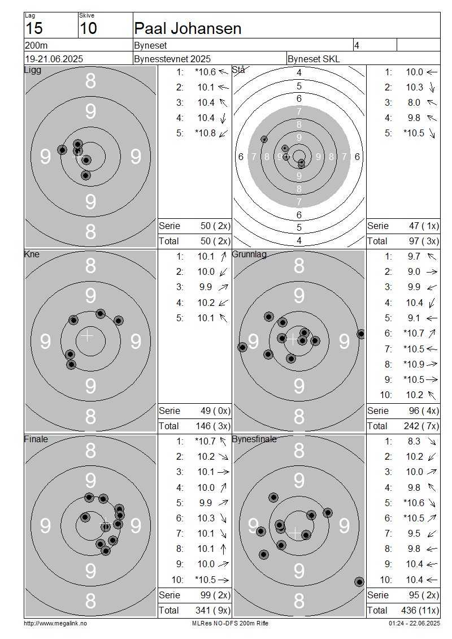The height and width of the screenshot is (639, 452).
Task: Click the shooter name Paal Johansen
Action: pos(188,28)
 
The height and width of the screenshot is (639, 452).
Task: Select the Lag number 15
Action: pos(34,28)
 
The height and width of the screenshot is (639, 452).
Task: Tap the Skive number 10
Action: pos(88,28)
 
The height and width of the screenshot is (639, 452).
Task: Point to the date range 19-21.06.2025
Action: pos(54,59)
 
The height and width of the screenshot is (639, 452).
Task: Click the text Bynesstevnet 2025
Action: pos(172,59)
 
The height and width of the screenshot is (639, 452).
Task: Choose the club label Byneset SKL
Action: pos(314,59)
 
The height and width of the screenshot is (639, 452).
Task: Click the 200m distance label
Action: pos(36,45)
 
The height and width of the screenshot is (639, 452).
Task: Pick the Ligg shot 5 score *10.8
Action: pos(205,133)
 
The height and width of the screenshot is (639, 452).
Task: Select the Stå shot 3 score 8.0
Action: pos(414,103)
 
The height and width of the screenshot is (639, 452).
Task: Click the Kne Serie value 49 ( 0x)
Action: pos(215,411)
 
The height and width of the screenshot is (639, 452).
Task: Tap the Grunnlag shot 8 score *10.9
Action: pos(414,364)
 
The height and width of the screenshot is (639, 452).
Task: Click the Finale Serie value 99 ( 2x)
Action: pos(215,595)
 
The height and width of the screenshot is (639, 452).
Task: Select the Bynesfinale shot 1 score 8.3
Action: pos(414,441)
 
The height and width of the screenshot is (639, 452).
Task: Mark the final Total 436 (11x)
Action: pos(420,611)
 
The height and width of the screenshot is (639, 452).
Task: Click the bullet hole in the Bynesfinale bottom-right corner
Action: pos(359,582)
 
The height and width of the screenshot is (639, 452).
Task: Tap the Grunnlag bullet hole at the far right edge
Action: pos(361,334)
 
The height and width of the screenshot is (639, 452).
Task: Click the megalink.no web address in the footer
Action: pos(55,624)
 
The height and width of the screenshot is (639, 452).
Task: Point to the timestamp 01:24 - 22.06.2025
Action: pos(414,624)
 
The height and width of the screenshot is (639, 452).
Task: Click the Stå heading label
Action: pos(238,70)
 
